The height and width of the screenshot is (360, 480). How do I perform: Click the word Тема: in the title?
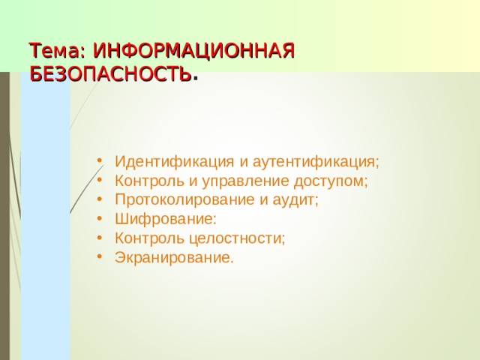58,51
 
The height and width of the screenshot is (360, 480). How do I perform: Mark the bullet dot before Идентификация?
100,162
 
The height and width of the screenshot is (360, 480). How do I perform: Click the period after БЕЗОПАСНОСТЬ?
196,77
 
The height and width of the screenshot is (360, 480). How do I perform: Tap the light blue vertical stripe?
45,225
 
